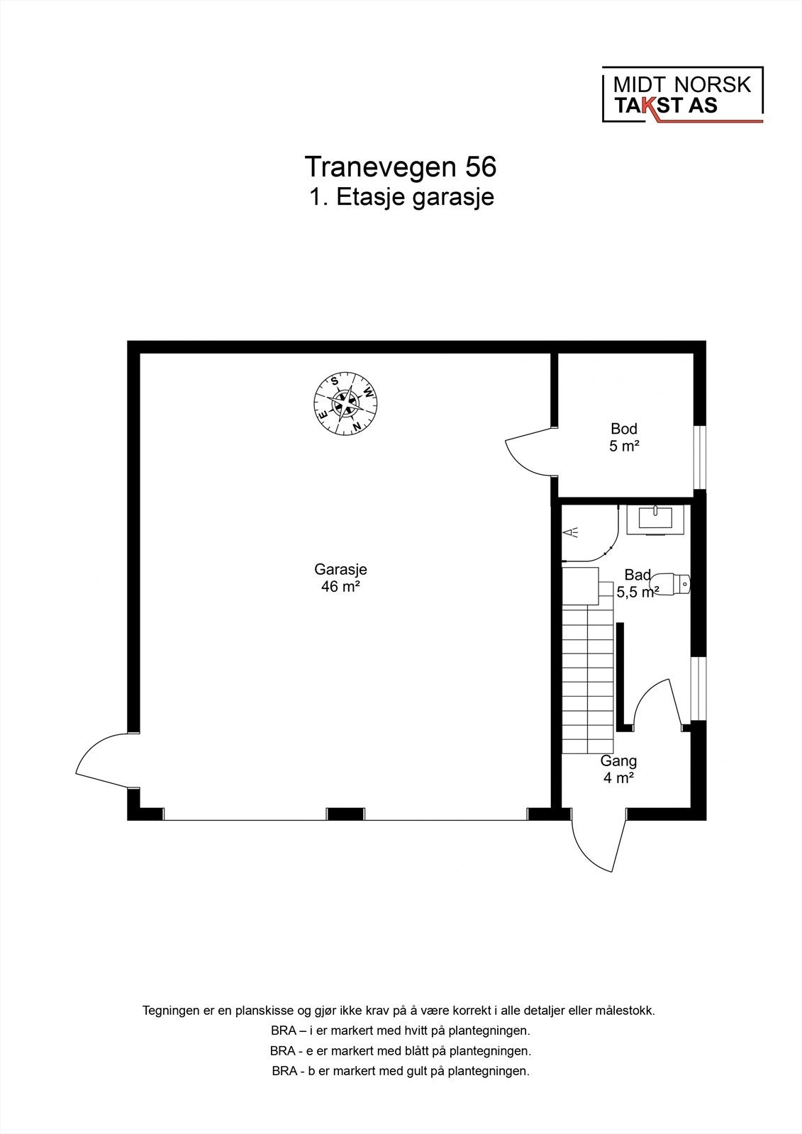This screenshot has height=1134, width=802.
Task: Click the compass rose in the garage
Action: point(345,404)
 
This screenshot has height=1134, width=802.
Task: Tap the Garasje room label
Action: point(340,569)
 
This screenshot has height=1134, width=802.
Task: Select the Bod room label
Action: point(624,429)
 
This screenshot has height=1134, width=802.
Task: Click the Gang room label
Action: point(618,761)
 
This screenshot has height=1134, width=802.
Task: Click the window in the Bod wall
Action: point(700,457)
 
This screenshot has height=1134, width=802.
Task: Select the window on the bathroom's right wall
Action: point(699,688)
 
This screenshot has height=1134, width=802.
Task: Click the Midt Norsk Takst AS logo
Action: point(682,95)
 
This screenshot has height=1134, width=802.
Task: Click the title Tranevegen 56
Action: point(401,167)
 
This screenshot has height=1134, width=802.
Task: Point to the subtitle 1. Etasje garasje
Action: point(401,197)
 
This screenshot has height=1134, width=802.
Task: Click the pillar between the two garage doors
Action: point(345,814)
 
